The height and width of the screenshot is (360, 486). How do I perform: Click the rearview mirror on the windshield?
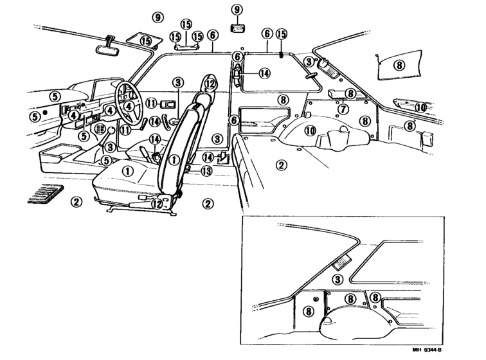[x=107, y=50]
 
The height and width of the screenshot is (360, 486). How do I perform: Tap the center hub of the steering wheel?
[x=129, y=106]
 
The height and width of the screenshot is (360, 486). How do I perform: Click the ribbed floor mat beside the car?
[x=45, y=194]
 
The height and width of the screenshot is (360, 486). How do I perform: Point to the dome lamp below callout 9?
[x=237, y=28]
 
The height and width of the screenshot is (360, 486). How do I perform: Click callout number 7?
[x=343, y=109]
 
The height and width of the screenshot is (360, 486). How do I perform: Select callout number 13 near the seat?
[x=206, y=171]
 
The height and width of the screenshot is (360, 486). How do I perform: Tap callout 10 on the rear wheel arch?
[x=310, y=130]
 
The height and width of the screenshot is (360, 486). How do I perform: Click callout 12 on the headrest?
[x=210, y=84]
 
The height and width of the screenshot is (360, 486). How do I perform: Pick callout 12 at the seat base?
[x=157, y=204]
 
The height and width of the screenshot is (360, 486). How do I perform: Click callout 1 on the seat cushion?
[x=128, y=171]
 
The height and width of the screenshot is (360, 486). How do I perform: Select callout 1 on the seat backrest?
[x=174, y=160]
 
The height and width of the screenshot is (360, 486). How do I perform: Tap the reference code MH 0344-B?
[x=427, y=350]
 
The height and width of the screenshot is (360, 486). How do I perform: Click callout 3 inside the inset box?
[x=337, y=280]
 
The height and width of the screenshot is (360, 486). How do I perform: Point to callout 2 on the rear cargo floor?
[x=281, y=165]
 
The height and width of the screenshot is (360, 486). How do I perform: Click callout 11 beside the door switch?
[x=151, y=103]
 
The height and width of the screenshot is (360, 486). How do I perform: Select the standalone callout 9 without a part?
[x=157, y=17]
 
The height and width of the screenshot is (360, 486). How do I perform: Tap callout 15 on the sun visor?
[x=145, y=40]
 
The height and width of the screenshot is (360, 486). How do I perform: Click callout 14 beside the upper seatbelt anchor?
[x=264, y=73]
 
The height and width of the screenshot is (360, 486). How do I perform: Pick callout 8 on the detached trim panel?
[x=399, y=65]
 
